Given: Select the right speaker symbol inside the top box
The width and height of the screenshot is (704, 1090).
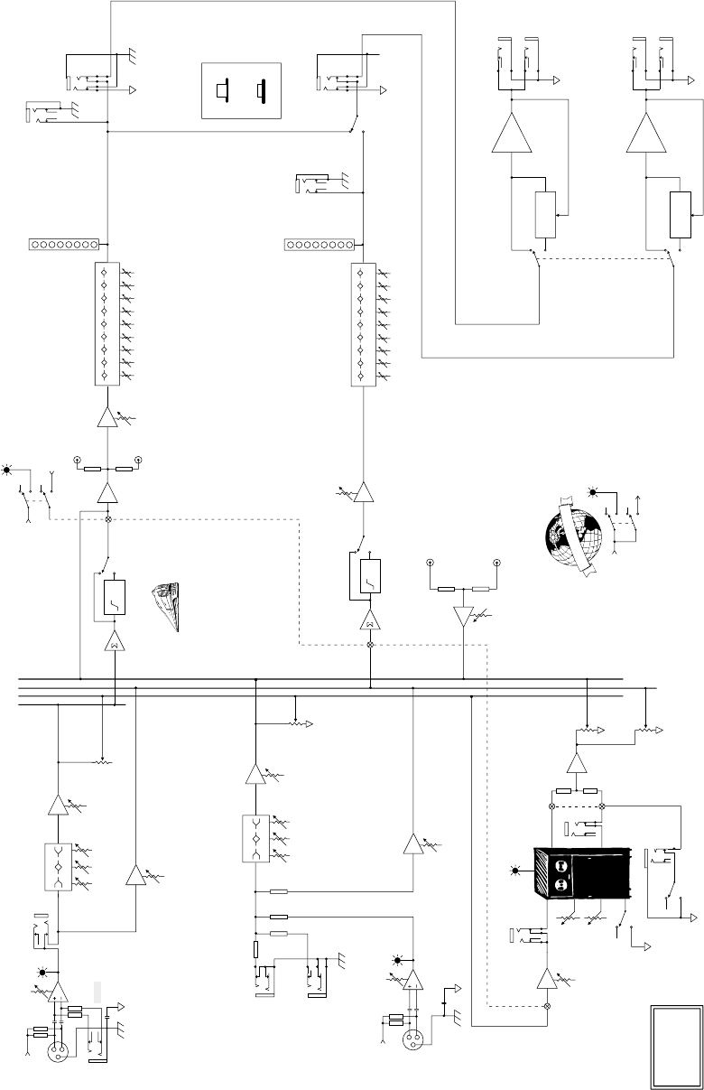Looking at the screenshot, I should coord(262,91).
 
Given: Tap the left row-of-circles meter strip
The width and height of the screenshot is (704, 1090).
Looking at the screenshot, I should coord(61,244).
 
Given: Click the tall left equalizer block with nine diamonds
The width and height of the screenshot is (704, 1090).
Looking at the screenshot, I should coord(107,324).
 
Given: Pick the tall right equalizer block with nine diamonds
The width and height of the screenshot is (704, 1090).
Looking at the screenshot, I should coord(362,324).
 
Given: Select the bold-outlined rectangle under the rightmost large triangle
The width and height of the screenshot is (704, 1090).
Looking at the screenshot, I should coord(680,216).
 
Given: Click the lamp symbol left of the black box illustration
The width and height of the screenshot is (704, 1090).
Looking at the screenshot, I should coord(515,870).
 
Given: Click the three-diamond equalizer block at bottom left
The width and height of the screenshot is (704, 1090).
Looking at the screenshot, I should coord(59,866).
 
